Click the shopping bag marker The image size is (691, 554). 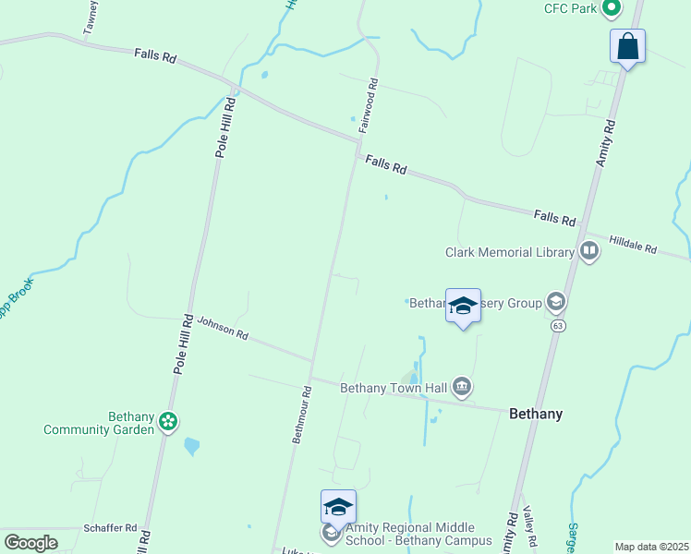[x=627, y=46]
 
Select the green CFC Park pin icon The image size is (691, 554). [x=611, y=8]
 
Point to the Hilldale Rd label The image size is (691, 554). [x=633, y=245]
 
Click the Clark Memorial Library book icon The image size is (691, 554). [x=588, y=251]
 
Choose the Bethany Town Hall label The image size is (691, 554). [x=394, y=388]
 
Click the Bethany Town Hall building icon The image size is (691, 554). [x=462, y=386]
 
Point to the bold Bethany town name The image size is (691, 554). [x=536, y=415]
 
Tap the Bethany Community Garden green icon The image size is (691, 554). [x=167, y=422]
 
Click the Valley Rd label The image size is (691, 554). [x=529, y=524]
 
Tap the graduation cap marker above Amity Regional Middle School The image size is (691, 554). [x=339, y=507]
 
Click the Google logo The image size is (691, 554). [x=30, y=543]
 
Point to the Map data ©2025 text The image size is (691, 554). [x=651, y=547]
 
